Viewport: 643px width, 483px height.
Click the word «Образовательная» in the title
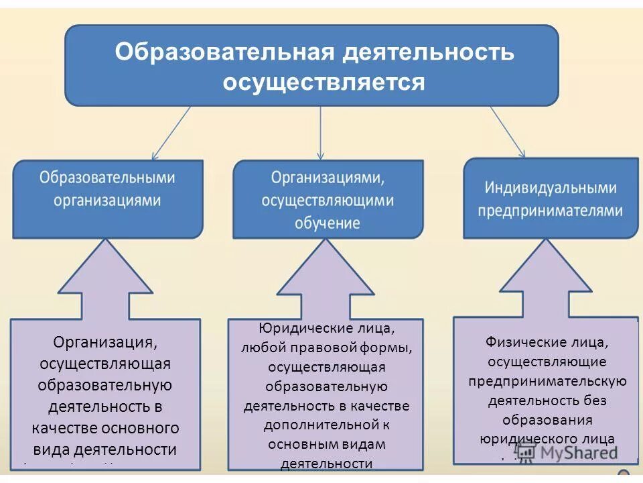tap(223, 52)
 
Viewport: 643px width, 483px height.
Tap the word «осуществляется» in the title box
tap(324, 83)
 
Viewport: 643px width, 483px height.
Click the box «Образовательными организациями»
tap(107, 198)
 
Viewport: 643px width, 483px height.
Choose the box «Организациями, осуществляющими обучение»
tap(328, 199)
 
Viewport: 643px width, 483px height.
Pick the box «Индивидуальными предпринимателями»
tap(550, 198)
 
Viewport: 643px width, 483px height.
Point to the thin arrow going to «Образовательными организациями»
tap(171, 133)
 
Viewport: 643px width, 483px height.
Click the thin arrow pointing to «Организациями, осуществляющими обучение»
tap(321, 133)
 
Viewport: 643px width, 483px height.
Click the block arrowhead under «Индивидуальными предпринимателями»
tap(546, 274)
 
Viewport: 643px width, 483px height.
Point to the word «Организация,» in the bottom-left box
tap(106, 343)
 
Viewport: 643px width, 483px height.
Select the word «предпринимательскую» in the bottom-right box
tap(547, 381)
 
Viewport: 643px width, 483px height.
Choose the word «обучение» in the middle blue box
tap(328, 223)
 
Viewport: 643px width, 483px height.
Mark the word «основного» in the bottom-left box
tap(147, 428)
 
